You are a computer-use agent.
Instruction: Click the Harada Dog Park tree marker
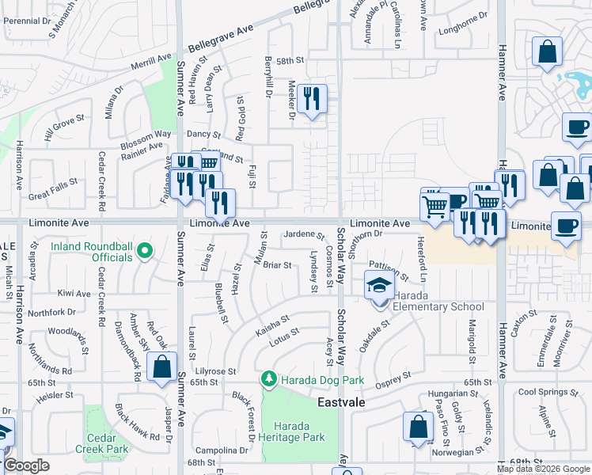pos(270,381)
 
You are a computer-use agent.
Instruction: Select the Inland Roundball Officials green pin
pos(144,253)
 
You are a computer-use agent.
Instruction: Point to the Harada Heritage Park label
pos(294,431)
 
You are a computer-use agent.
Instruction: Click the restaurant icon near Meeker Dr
pos(313,99)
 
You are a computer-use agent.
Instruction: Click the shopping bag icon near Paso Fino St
pos(417,427)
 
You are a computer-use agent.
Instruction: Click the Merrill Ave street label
pos(151,61)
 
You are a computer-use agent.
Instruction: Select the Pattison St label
pos(388,273)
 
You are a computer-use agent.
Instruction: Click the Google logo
pos(26,465)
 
